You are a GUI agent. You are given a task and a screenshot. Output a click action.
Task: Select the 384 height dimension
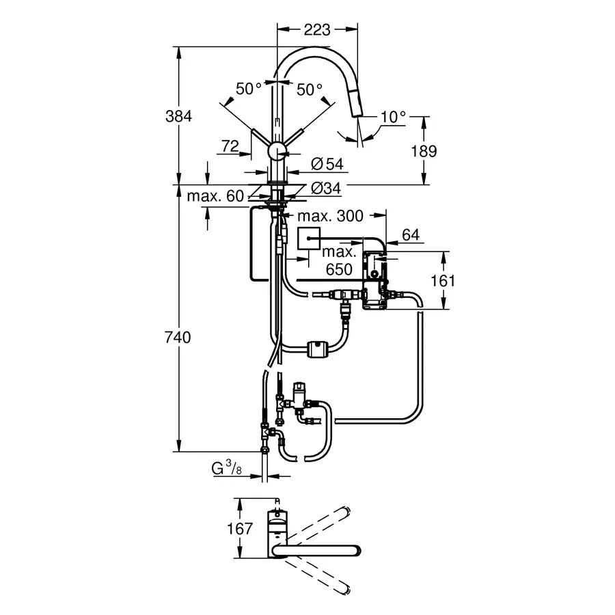click(180, 115)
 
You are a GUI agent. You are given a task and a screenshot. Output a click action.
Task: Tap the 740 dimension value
click(180, 337)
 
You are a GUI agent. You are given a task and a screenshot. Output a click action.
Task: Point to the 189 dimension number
click(424, 151)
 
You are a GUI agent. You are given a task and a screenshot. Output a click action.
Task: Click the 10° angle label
click(394, 117)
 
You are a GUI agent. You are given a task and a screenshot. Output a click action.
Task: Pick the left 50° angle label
click(249, 89)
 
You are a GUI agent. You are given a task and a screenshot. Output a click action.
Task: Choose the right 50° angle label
click(309, 89)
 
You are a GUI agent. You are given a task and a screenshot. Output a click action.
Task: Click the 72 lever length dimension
click(231, 145)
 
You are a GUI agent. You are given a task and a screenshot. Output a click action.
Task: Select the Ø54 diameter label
click(327, 164)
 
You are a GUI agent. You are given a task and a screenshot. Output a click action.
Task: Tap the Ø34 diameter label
click(327, 188)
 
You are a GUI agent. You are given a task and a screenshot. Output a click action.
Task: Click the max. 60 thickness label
click(215, 197)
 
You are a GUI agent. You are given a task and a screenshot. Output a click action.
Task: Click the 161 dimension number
click(443, 280)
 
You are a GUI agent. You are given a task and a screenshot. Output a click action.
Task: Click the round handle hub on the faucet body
click(276, 151)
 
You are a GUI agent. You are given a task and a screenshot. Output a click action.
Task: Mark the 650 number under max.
click(339, 269)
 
